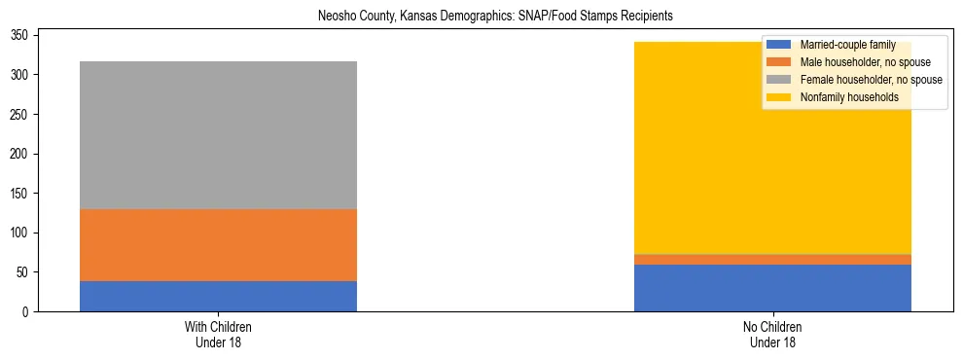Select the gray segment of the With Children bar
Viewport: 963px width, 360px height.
218,135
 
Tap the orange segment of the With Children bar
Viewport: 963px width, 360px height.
218,245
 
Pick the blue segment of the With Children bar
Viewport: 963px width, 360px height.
218,296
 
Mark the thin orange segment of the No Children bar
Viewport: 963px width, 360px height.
772,260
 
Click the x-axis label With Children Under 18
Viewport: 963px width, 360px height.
218,335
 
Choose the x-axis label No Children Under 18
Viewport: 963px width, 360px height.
772,335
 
